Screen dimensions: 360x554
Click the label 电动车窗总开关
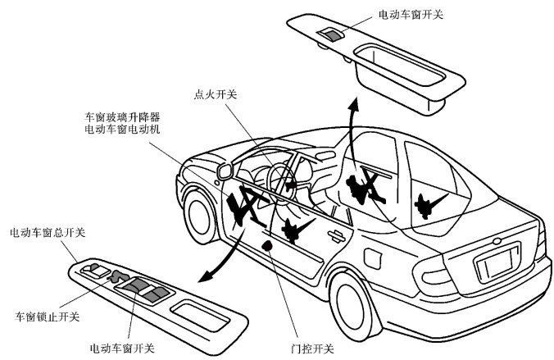[47, 233]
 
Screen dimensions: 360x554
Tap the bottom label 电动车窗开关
[120, 348]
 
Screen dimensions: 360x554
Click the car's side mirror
[222, 171]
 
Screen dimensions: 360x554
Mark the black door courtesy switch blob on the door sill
[268, 244]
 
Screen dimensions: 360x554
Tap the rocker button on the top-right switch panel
[333, 34]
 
